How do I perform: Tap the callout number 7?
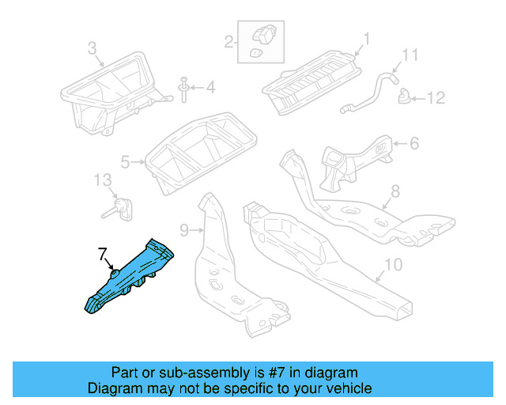(101, 254)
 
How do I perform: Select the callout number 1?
(367, 38)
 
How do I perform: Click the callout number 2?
(228, 40)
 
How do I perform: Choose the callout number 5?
(125, 163)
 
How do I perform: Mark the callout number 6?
(414, 143)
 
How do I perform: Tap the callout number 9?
(183, 230)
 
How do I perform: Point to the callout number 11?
(409, 55)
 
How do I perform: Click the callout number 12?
(436, 98)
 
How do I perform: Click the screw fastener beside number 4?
(184, 89)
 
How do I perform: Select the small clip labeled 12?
(405, 97)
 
